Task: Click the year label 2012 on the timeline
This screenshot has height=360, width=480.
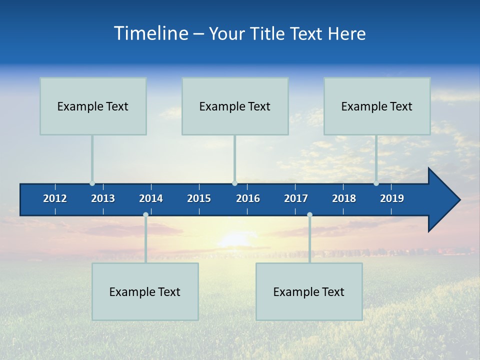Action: click(x=55, y=198)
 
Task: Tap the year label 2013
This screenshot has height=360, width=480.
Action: click(x=103, y=198)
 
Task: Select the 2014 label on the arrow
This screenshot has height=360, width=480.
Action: click(x=151, y=198)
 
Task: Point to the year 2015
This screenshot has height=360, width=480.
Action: click(x=199, y=198)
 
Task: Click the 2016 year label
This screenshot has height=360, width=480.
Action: click(x=248, y=198)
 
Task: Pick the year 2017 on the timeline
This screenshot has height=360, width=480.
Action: click(x=296, y=198)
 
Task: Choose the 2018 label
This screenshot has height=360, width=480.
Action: click(x=344, y=198)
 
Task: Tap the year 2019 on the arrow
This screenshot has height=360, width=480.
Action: click(x=392, y=198)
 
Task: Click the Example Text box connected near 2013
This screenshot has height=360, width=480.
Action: click(x=93, y=106)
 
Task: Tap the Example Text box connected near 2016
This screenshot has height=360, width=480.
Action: click(x=235, y=106)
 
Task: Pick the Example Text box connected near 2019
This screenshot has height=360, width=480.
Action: click(x=377, y=106)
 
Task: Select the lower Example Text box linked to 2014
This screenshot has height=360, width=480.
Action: click(x=145, y=291)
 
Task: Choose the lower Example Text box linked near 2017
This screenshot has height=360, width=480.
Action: click(x=309, y=291)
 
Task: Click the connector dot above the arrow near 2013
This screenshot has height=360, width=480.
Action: click(x=92, y=183)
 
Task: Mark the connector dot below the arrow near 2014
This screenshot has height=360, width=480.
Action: click(x=145, y=215)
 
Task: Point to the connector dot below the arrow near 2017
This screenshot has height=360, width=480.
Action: click(x=309, y=215)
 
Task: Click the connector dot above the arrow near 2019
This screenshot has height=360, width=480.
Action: click(x=376, y=183)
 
